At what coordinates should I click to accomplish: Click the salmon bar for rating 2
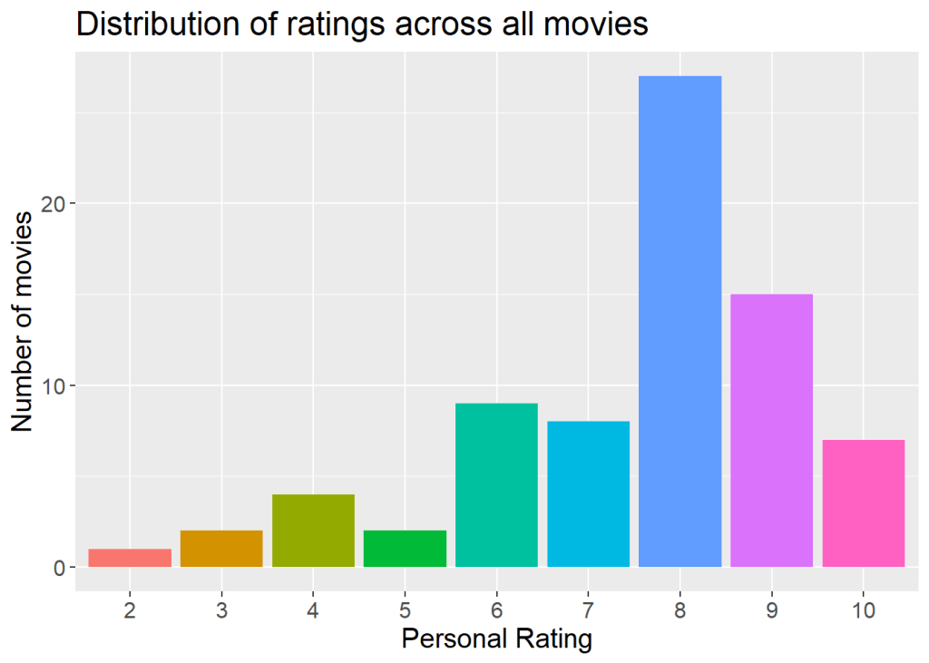[130, 558]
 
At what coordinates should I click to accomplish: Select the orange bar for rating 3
[221, 549]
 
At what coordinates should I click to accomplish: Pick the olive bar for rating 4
[313, 531]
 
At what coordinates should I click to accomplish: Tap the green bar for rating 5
[405, 549]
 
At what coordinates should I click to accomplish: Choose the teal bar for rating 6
[496, 485]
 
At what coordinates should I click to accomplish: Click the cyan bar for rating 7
[588, 494]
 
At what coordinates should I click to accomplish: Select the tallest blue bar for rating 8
[680, 322]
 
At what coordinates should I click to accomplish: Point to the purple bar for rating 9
[771, 431]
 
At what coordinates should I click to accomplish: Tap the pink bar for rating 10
[863, 503]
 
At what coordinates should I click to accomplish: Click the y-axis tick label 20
[54, 203]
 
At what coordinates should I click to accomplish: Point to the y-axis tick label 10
[54, 385]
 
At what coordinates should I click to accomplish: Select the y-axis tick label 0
[60, 568]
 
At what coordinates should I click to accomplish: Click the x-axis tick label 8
[680, 609]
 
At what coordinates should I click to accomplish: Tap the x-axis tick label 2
[130, 609]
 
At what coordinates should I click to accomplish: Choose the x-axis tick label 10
[863, 609]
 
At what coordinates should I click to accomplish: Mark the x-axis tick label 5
[405, 609]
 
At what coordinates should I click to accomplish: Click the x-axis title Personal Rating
[496, 639]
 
